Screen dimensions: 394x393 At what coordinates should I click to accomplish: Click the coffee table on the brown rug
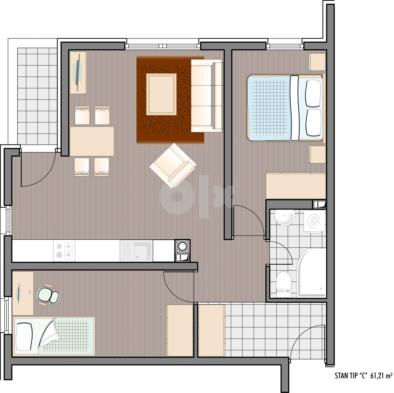(x=161, y=94)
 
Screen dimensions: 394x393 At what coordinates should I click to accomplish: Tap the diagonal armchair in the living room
(x=173, y=165)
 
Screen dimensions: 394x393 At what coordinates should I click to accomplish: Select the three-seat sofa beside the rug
(x=206, y=95)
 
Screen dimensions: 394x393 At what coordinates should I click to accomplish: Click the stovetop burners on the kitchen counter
(x=64, y=250)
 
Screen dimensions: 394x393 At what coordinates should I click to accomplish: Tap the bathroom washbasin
(x=285, y=217)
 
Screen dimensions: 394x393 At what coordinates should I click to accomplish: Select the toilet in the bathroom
(x=284, y=284)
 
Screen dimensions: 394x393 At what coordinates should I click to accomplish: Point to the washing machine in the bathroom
(x=315, y=221)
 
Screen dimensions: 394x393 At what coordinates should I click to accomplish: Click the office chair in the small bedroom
(x=48, y=295)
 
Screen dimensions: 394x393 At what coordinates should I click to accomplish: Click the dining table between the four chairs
(x=92, y=141)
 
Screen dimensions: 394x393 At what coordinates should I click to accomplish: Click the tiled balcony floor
(x=37, y=96)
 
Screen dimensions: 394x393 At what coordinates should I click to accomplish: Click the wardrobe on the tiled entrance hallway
(x=211, y=330)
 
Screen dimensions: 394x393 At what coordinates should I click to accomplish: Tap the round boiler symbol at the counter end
(x=183, y=246)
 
